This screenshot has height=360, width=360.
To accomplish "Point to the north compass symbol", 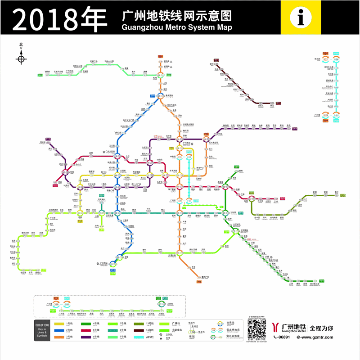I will click(x=21, y=58).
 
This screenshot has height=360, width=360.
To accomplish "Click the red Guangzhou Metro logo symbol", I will click(x=275, y=327).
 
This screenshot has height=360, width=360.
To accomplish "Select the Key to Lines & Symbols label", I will click(x=41, y=330).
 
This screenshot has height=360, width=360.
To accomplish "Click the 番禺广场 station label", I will click(x=205, y=277).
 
